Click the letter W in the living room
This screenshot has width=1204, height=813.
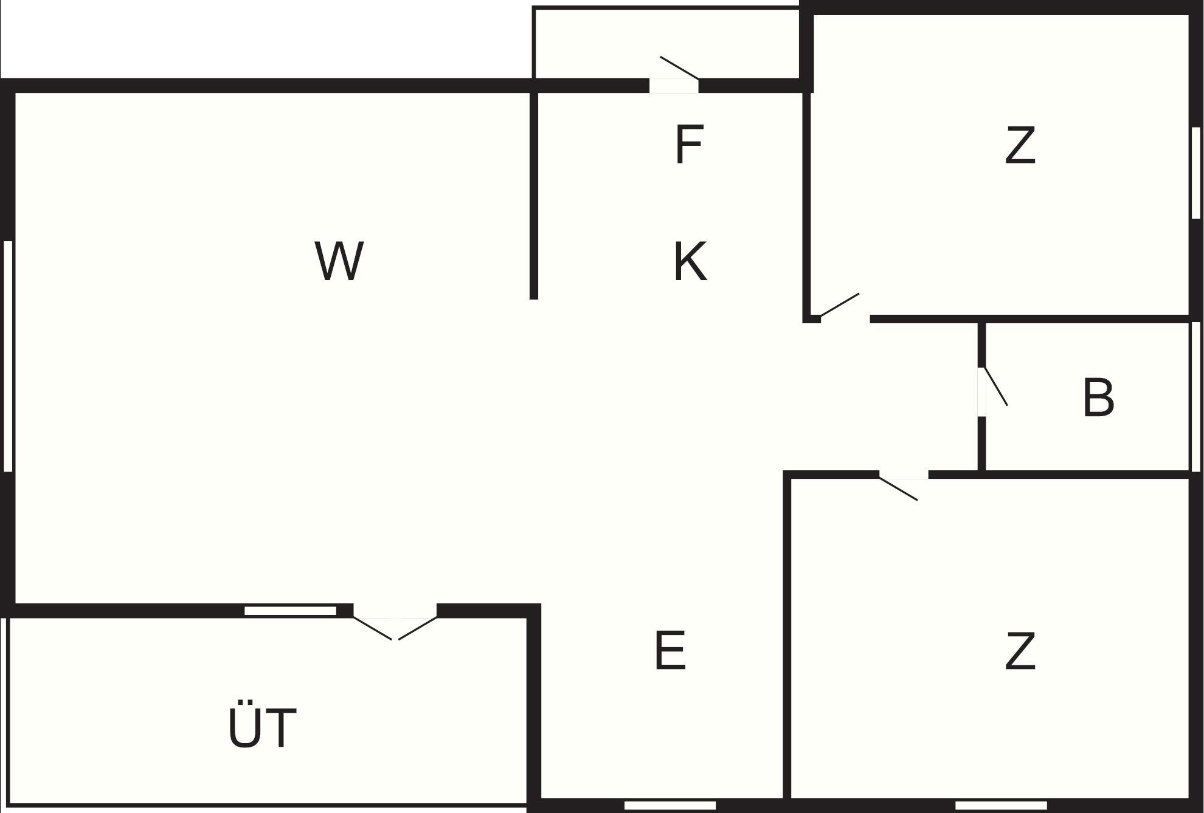pos(339,261)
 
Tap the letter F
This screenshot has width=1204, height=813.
pos(690,144)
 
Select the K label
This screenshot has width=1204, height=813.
pos(691,261)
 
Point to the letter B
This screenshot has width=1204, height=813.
pos(1099,397)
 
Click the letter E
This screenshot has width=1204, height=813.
pos(671,650)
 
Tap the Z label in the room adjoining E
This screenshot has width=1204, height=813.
pos(1020,650)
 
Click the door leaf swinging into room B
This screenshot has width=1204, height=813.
pos(996,386)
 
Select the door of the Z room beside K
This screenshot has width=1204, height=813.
pos(840,305)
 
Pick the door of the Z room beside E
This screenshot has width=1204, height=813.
pos(898,489)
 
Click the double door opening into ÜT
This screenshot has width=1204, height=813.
pos(395,628)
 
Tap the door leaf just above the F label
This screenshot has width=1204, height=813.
pos(679,68)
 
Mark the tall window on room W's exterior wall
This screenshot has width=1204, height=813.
pos(9,356)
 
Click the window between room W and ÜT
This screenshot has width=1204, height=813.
pos(291,611)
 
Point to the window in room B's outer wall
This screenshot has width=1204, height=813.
pos(1195,396)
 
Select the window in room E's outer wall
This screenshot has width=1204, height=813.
pos(670,805)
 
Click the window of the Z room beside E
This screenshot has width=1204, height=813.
pos(1002,805)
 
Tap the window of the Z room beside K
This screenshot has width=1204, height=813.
pos(1195,173)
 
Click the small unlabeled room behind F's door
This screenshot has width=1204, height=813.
pos(666,43)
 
